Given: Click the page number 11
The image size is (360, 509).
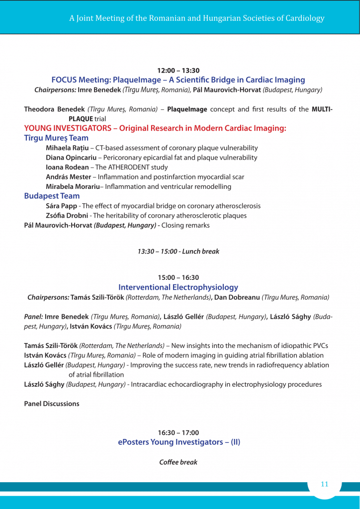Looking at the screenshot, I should (x=324, y=484).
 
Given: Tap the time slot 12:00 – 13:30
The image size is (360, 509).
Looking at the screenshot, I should (x=178, y=71).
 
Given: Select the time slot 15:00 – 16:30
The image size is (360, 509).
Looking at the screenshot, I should (x=178, y=277).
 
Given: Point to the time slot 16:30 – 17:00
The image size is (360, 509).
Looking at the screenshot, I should (x=178, y=432).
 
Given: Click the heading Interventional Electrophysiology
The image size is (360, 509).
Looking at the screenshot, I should (x=178, y=287).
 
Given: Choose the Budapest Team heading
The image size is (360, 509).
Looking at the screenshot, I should (x=52, y=196).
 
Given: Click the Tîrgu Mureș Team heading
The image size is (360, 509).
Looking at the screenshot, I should (x=56, y=138).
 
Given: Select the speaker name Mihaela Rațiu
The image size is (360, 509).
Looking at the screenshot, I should (x=67, y=148).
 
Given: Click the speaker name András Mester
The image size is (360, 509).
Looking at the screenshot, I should (x=68, y=177).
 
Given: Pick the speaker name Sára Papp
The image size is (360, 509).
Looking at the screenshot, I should (x=61, y=206).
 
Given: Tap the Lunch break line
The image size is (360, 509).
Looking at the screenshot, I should (x=178, y=252).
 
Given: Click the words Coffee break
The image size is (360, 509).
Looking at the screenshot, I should (x=178, y=462).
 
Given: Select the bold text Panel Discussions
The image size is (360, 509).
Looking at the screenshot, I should (x=52, y=404).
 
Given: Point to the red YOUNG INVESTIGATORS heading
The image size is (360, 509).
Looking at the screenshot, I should (x=155, y=128).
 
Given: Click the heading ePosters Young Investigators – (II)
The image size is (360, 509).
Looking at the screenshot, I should (x=179, y=442).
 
